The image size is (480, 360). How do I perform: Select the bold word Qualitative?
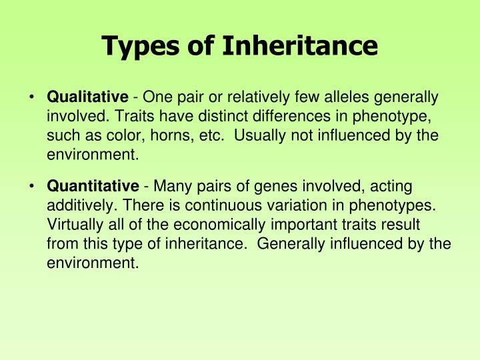[87, 97]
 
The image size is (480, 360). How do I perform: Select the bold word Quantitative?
[93, 185]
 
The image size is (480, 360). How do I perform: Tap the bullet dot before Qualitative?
[32, 97]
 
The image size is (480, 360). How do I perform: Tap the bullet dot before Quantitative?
[32, 185]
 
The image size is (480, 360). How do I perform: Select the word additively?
[73, 205]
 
